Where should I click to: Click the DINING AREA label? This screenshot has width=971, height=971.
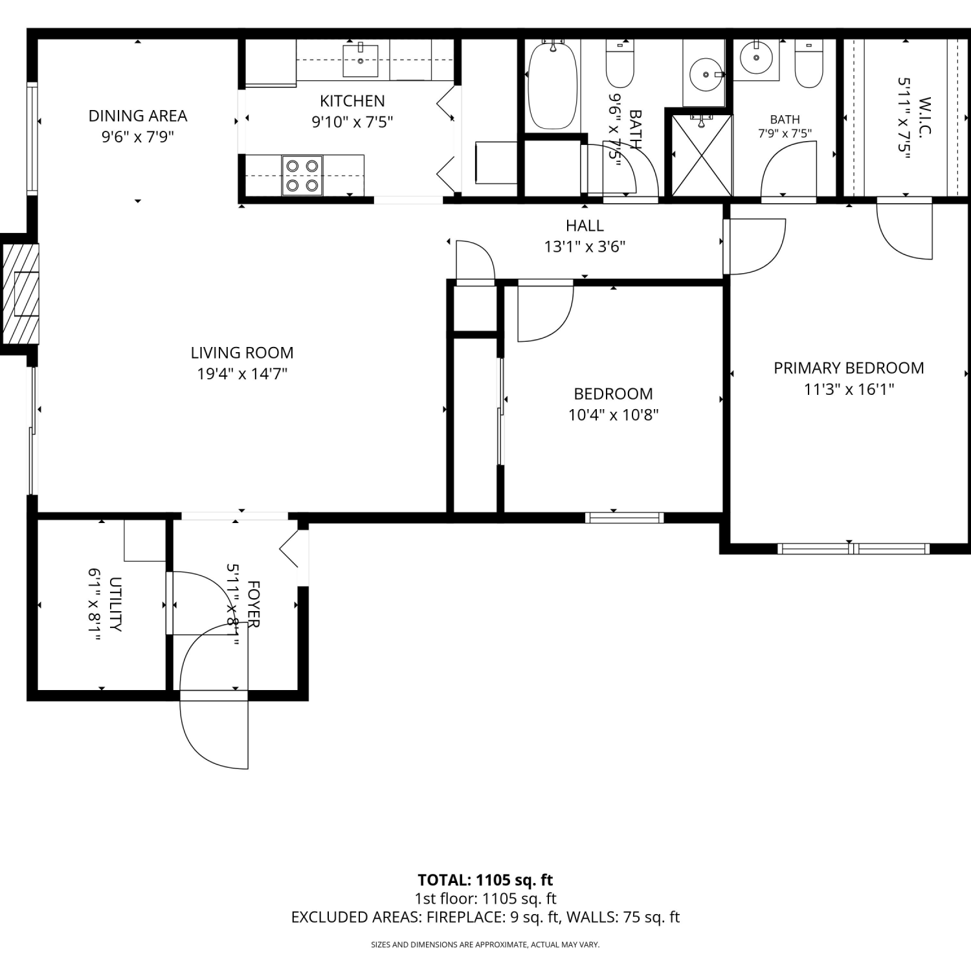(x=138, y=116)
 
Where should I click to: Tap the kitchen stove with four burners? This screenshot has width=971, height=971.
(x=302, y=175)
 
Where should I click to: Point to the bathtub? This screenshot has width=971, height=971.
(x=552, y=85)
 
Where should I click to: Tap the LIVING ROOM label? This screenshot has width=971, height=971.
(x=242, y=353)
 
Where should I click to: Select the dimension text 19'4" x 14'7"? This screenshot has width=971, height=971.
(x=242, y=374)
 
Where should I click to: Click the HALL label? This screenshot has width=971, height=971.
(x=585, y=225)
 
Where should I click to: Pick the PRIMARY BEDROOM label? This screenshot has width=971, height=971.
(x=849, y=368)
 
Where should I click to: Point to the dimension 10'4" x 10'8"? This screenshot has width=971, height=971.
(x=614, y=415)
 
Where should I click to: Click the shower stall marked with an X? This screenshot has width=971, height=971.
(x=702, y=155)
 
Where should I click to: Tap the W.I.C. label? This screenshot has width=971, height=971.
(x=924, y=117)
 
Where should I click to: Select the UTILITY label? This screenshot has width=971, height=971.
(x=115, y=605)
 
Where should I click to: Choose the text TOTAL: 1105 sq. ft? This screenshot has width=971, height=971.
(x=485, y=880)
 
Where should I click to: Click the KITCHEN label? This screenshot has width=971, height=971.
(x=352, y=101)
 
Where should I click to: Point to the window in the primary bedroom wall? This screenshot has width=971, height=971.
(x=853, y=549)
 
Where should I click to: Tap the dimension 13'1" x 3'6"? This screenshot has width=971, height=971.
(x=585, y=247)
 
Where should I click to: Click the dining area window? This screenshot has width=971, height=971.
(x=32, y=138)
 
